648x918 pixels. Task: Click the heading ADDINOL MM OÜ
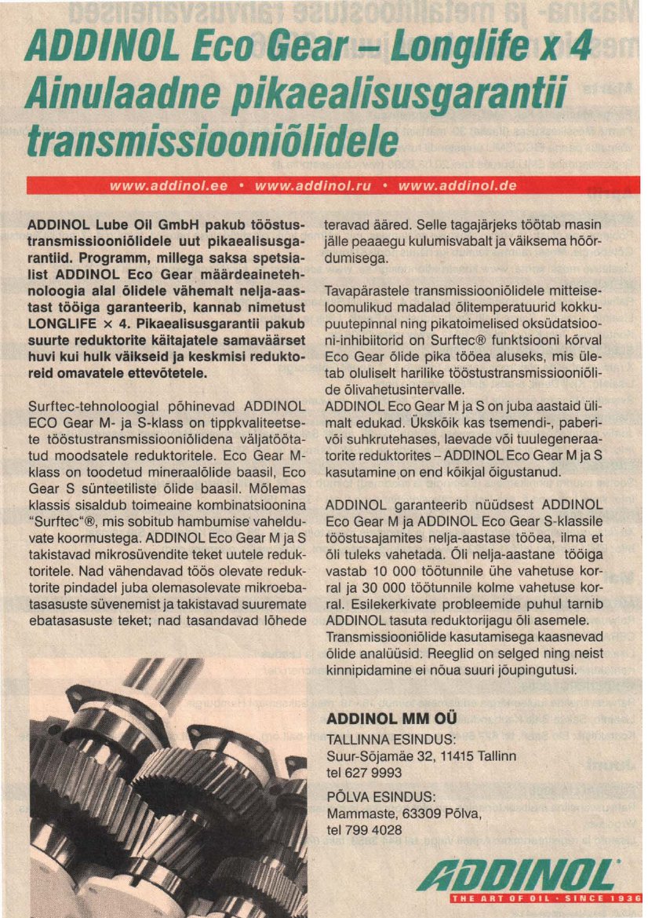coord(391,718)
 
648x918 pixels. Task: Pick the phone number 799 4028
coord(374,829)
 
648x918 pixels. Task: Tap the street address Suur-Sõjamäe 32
coord(384,755)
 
